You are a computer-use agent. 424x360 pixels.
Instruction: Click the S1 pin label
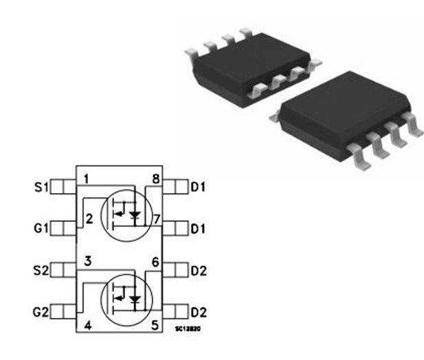[x=41, y=186]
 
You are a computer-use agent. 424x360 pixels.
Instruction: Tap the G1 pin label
[x=41, y=227]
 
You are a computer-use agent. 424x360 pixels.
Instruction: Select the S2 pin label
[x=41, y=269]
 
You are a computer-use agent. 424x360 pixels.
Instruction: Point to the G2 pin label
[x=41, y=312]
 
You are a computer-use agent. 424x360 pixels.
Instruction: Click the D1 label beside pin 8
[x=199, y=187]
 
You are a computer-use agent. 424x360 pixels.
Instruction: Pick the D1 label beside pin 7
[x=199, y=227]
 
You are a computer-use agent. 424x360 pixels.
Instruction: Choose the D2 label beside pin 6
[x=199, y=270]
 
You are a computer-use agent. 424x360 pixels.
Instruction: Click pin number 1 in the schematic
[x=87, y=179]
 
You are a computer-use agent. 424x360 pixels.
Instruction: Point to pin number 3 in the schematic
[x=87, y=262]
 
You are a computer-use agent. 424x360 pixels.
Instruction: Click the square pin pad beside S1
[x=63, y=186]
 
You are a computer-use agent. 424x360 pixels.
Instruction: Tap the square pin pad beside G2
[x=63, y=312]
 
